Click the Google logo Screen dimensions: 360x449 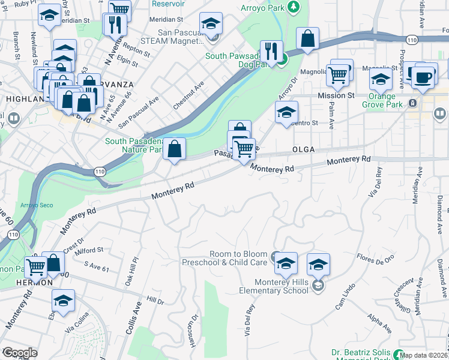click(19, 353)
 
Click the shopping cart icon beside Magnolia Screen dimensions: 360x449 click(338, 76)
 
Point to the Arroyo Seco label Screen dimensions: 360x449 click(38, 205)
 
